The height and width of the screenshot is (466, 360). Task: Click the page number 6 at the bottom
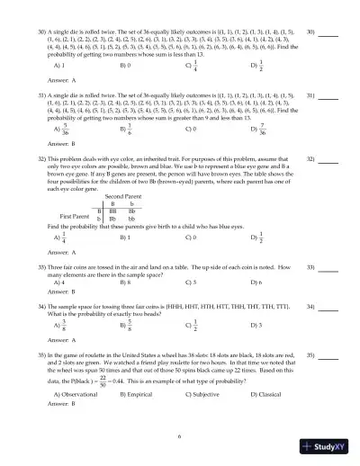[x=179, y=436]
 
